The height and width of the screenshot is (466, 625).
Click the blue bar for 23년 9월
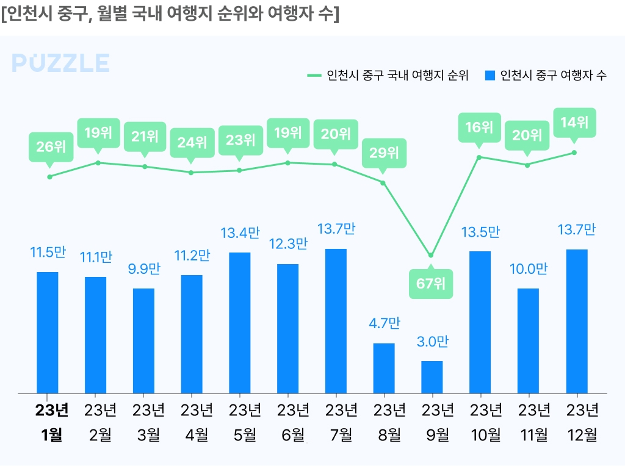point(432,377)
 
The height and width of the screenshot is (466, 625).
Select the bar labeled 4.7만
point(384,368)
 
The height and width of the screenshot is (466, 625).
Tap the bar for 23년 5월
point(240,323)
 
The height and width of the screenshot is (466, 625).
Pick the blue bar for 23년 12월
point(577,321)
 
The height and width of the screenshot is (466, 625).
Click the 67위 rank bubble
point(431,284)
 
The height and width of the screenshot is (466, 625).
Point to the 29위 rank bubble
point(384,152)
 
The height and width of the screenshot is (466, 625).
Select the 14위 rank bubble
point(574,122)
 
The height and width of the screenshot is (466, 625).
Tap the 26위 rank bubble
point(51,146)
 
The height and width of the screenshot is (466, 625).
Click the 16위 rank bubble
point(479,127)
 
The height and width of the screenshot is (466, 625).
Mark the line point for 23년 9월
point(431,255)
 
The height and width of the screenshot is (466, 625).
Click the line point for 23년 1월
point(49,177)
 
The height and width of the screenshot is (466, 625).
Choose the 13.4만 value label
point(240,233)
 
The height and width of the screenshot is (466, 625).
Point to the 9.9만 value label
point(145,268)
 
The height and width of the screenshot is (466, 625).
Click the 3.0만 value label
point(432,342)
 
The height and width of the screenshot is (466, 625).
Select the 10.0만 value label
point(529,269)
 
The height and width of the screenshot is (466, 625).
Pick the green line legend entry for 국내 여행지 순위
point(388,76)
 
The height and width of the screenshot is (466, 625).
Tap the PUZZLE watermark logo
point(60,63)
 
